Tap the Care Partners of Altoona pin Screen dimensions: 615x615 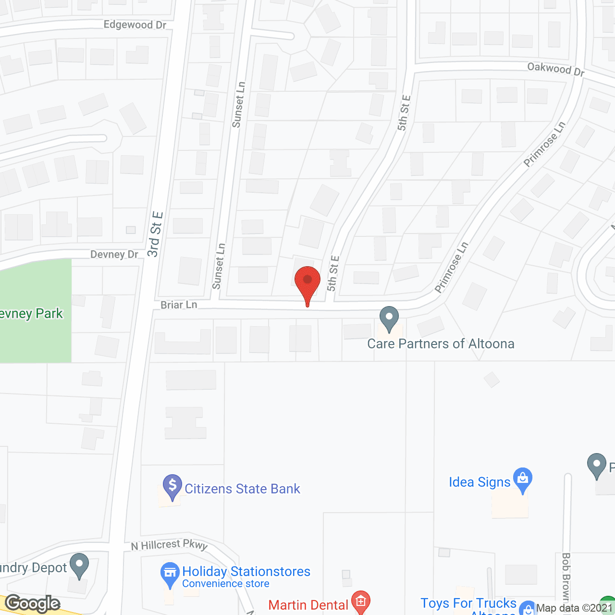tap(389, 318)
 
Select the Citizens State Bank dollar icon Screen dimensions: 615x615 tap(172, 486)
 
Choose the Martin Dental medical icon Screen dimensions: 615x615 tap(361, 601)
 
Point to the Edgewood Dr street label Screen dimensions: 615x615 tap(135, 25)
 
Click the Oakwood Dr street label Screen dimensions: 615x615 tap(556, 69)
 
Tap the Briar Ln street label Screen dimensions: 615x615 tap(179, 305)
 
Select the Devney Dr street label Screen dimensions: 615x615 tap(114, 254)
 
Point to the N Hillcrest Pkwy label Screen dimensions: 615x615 tap(169, 545)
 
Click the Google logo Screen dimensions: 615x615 tap(33, 603)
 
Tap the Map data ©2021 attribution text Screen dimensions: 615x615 tap(575, 608)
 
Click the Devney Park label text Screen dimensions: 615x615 tap(31, 314)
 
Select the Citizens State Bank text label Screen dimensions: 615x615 tap(242, 489)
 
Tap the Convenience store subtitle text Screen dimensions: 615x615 tap(225, 584)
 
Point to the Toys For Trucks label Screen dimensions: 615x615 tap(468, 603)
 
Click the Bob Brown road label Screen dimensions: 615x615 tap(566, 577)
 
